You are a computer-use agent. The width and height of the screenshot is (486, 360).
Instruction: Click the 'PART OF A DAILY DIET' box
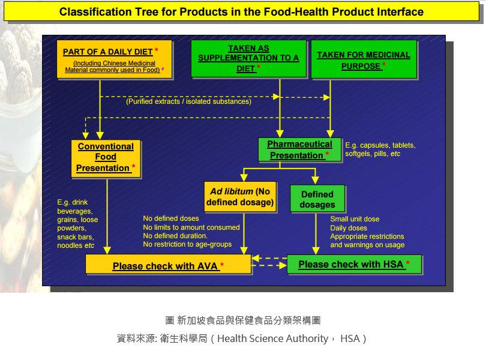114,59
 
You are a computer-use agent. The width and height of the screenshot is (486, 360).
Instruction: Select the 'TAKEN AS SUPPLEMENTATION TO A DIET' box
248,59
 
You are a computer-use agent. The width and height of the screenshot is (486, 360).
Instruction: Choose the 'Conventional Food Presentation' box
106,157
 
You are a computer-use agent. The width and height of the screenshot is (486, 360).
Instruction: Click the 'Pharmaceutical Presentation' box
299,149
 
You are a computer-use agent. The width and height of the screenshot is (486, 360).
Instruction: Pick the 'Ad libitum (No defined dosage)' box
240,197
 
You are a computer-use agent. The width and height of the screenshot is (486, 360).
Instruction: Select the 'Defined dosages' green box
317,199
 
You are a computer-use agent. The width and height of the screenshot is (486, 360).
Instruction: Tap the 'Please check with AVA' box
168,265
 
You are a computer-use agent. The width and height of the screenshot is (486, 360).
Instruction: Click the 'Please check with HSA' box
354,264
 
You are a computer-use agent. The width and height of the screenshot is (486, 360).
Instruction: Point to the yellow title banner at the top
241,12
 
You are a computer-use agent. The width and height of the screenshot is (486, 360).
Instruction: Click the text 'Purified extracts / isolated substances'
188,101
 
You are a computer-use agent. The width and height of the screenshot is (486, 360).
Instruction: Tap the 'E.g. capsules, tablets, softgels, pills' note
380,149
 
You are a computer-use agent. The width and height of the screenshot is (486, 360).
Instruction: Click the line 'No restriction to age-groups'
187,244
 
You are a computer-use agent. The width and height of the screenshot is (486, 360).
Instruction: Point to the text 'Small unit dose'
355,219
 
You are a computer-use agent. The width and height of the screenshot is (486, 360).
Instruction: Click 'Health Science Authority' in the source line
272,338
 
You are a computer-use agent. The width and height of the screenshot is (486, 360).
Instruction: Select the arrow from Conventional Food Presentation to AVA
107,216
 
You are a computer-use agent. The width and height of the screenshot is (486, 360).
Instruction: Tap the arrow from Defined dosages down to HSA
316,234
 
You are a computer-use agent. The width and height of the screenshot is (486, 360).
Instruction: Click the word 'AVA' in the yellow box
208,266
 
